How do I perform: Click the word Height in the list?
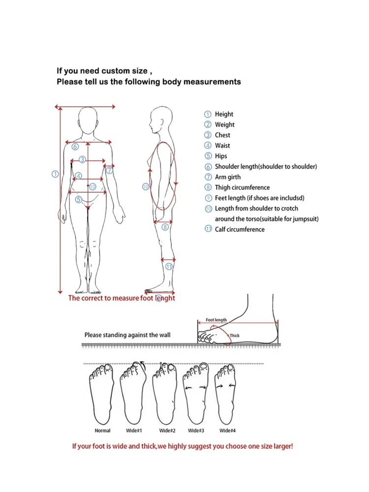point(224,114)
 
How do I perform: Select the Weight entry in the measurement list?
point(224,125)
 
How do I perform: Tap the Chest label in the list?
point(222,135)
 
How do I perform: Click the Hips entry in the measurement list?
point(221,156)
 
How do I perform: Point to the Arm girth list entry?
point(228,177)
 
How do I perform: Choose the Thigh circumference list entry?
point(242,187)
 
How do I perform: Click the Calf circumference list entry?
point(240,229)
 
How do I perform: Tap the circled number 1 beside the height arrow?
point(55,174)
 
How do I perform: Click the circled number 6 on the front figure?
point(75,146)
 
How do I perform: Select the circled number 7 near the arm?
point(110,171)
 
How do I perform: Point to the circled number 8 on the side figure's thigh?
point(165,227)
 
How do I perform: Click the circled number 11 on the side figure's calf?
point(169,267)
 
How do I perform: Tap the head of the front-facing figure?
point(88,120)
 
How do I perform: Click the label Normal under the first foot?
point(102,431)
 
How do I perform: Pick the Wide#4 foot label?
point(227,431)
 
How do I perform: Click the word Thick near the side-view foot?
point(234,336)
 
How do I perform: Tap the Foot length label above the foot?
point(216,320)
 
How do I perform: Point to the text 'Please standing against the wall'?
point(127,335)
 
